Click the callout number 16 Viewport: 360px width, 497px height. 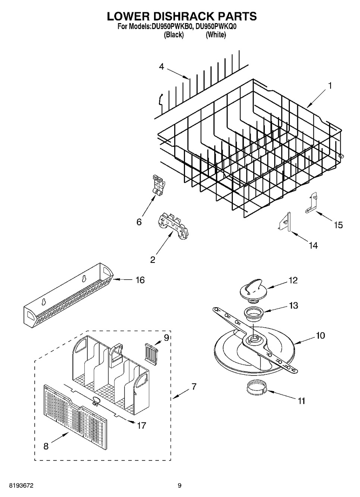[140, 280]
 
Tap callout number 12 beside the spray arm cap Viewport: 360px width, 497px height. [293, 280]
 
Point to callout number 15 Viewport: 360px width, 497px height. [338, 225]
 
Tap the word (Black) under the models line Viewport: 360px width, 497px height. [174, 35]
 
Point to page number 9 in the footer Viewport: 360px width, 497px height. [179, 485]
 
